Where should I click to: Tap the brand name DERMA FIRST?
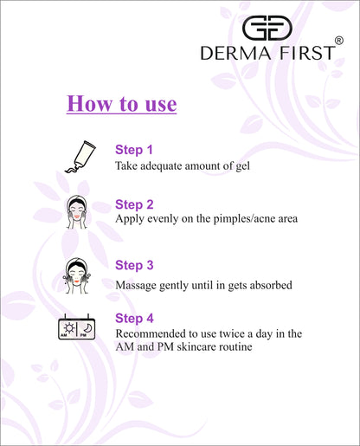[x=267, y=53]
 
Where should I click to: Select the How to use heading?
[x=121, y=104]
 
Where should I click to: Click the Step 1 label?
[x=134, y=149]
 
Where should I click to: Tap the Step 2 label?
[x=134, y=204]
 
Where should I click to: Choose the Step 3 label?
[x=134, y=266]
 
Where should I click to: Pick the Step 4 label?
[x=134, y=318]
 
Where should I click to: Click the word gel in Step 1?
[x=241, y=165]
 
